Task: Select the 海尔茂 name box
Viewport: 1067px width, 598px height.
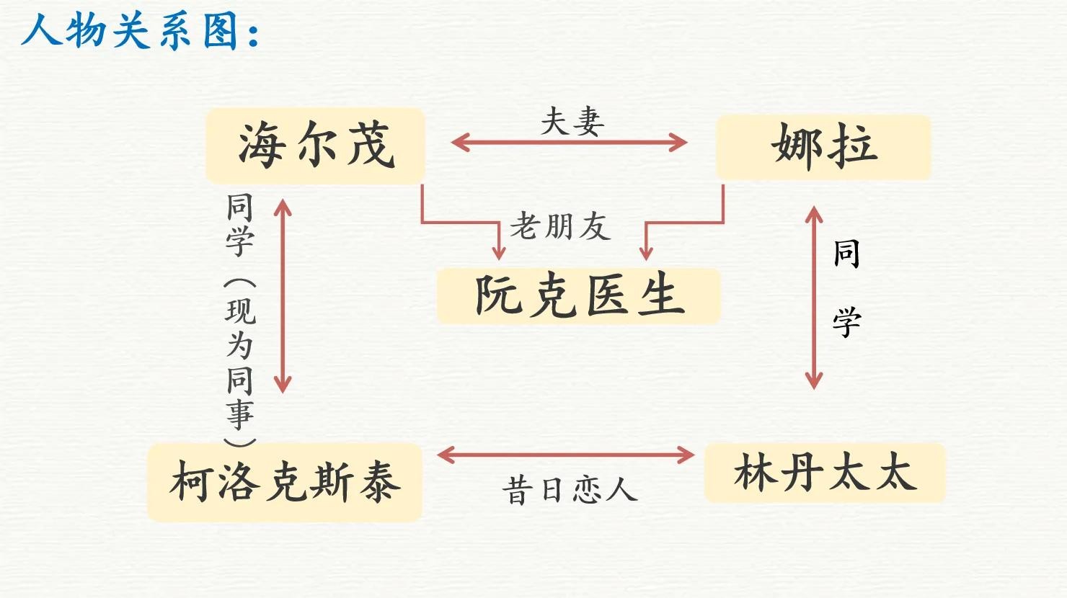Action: [315, 146]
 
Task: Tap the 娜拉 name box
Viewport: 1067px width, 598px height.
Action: [823, 146]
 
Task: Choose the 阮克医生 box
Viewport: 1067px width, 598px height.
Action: [578, 296]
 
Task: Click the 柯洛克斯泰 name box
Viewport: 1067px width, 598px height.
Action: [284, 482]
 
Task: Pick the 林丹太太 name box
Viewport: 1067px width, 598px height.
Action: [824, 473]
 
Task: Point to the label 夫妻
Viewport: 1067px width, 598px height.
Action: [572, 121]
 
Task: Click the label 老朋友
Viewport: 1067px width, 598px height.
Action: [560, 226]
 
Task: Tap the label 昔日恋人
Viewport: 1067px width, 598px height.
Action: [570, 491]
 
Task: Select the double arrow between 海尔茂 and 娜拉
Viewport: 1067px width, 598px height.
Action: [569, 143]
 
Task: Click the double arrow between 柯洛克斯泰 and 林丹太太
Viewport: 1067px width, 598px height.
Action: [566, 455]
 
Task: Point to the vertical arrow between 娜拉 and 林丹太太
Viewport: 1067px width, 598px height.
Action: [814, 298]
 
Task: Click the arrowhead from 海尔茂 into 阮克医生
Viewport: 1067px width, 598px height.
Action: [498, 251]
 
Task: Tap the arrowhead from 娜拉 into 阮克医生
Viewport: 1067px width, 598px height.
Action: [646, 251]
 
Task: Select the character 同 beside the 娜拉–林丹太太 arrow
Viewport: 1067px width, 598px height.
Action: [846, 254]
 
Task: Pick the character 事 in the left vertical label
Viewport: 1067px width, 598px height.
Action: [240, 414]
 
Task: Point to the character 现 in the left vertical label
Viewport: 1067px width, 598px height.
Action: [240, 311]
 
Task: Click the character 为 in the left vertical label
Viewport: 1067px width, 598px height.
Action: [240, 345]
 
